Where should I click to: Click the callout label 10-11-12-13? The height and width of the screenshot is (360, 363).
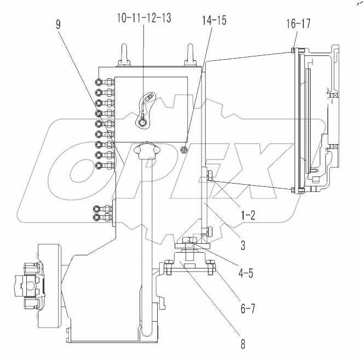pyautogui.click(x=143, y=18)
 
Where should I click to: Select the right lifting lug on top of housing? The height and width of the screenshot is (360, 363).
pyautogui.click(x=190, y=54)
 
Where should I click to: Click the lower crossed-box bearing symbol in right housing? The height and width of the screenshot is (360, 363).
pyautogui.click(x=333, y=146)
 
